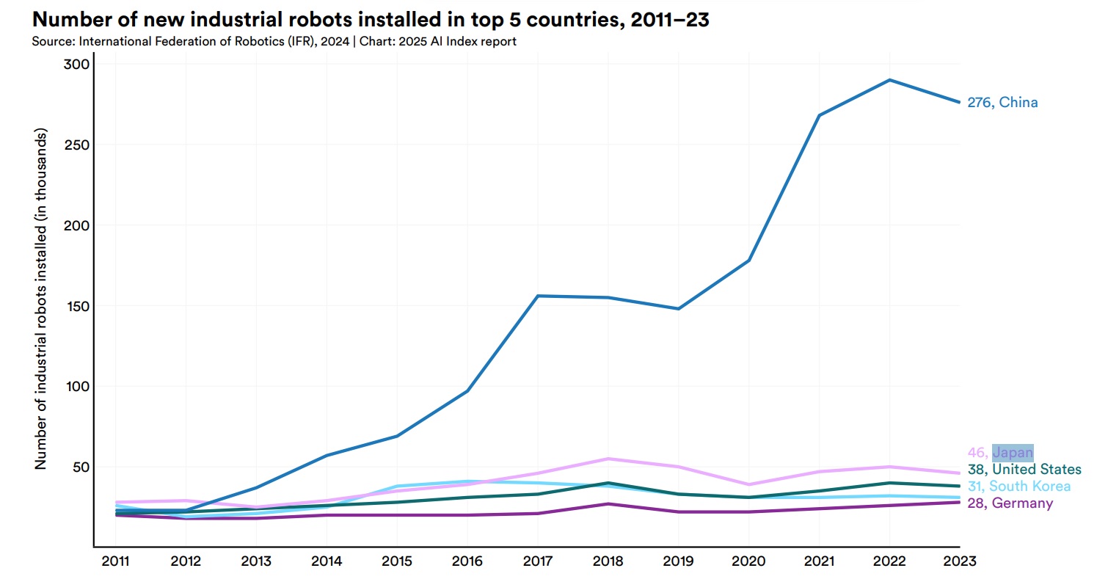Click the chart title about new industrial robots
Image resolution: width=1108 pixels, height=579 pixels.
tap(370, 20)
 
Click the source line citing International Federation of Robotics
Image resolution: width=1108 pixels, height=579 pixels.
tap(274, 41)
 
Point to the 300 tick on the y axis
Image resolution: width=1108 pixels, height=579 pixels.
tap(75, 65)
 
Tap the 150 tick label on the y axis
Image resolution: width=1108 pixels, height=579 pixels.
tap(75, 306)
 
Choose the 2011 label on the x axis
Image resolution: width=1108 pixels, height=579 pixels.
tap(115, 561)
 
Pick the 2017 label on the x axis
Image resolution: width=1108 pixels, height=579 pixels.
tap(538, 561)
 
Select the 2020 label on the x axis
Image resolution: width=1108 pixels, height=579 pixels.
tap(748, 561)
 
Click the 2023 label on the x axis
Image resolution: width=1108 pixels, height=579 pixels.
tap(959, 561)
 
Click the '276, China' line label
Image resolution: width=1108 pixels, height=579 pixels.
tap(1002, 103)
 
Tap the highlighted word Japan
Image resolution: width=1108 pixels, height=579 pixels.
tap(1013, 453)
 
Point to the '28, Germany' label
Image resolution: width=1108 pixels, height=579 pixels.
tap(1010, 503)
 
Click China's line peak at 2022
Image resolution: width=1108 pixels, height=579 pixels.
tap(889, 80)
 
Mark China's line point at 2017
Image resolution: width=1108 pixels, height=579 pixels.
tap(538, 296)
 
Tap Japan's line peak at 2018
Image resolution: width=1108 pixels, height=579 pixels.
tap(608, 459)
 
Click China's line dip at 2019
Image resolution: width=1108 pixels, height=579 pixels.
tap(679, 308)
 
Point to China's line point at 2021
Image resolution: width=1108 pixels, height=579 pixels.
tap(819, 115)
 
